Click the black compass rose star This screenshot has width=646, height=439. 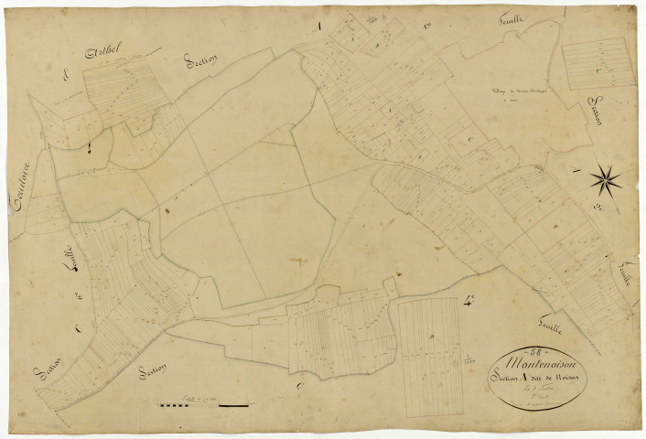coord(606,177)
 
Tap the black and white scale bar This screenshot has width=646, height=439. coord(204,403)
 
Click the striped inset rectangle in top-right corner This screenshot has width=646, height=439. coord(598,66)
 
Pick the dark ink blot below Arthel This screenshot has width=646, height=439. coord(90,146)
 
